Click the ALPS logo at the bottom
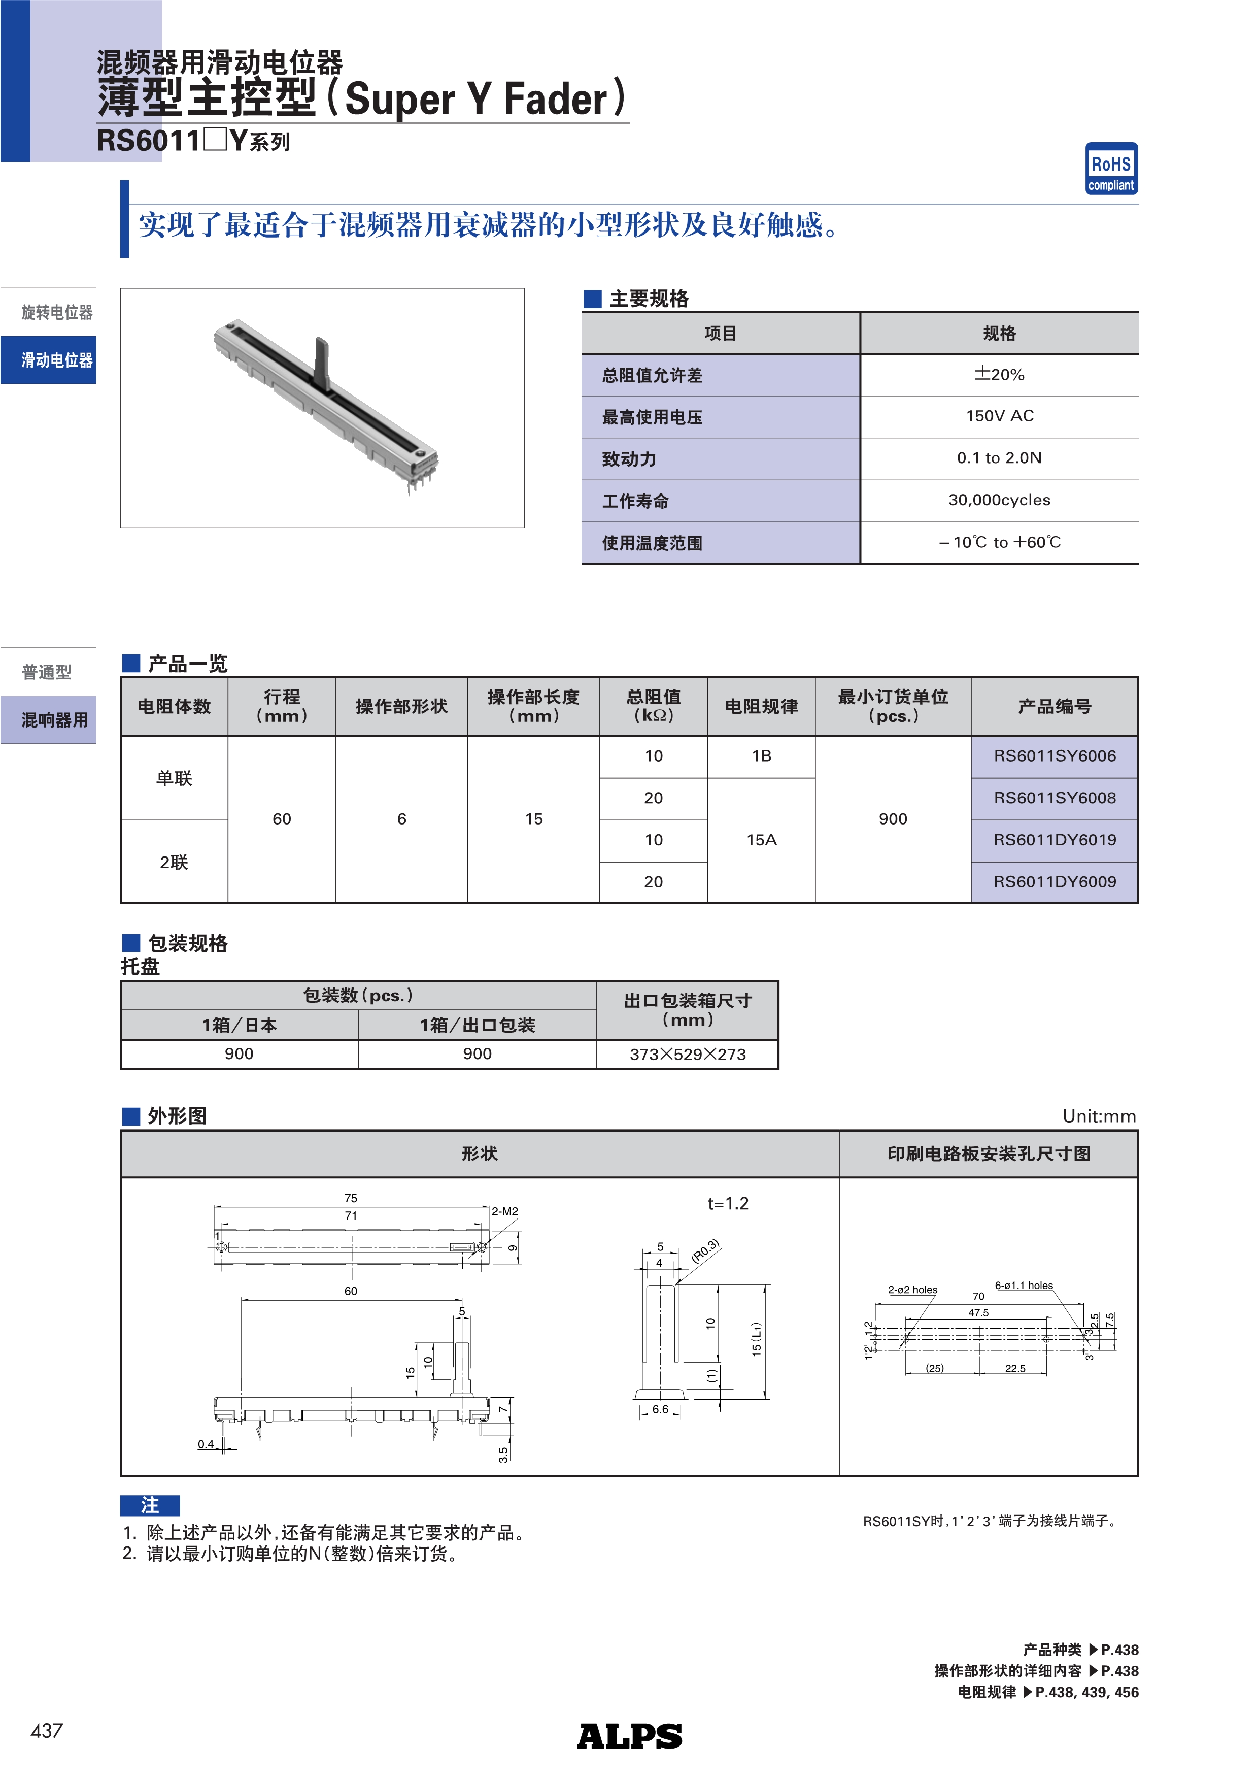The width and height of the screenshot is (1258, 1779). [x=629, y=1736]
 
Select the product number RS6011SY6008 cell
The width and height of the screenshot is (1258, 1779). [x=1055, y=798]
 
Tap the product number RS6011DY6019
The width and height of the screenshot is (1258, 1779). [x=1055, y=840]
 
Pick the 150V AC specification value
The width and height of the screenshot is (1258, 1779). [x=999, y=416]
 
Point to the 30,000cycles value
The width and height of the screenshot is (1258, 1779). [x=999, y=500]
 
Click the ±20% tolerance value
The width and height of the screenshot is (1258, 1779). [x=999, y=374]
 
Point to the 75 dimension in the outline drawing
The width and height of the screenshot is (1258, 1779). [x=351, y=1198]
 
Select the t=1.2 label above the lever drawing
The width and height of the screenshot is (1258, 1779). [x=727, y=1203]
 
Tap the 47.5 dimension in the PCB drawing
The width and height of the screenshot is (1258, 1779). [x=978, y=1312]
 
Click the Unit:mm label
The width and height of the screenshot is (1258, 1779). [x=1099, y=1116]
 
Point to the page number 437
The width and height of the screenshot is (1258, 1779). [x=47, y=1731]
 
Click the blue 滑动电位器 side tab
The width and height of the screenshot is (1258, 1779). [x=49, y=360]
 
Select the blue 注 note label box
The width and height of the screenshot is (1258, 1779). [x=150, y=1505]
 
